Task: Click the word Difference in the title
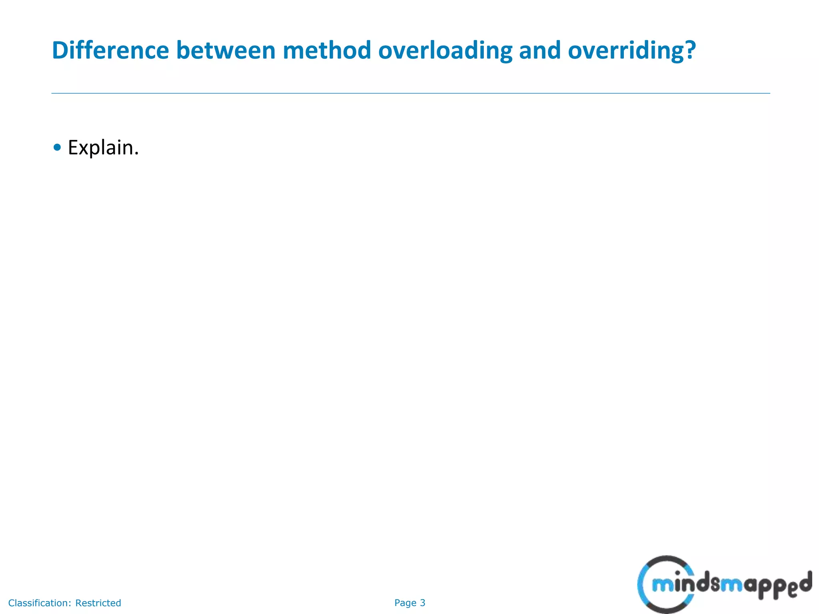[x=110, y=50]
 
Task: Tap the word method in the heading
[x=327, y=50]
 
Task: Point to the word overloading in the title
[x=445, y=51]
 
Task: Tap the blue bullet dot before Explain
[x=57, y=148]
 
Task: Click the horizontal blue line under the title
[x=410, y=93]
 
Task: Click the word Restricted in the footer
[x=98, y=603]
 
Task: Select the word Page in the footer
[x=405, y=603]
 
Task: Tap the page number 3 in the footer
[x=423, y=603]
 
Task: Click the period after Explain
[x=136, y=154]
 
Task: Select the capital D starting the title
[x=60, y=50]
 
